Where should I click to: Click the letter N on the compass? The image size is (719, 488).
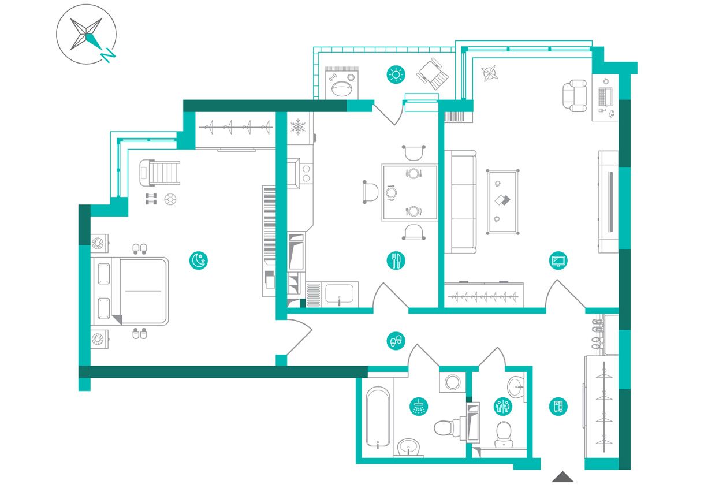pos(108,55)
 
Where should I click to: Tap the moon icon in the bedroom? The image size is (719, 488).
pos(198,260)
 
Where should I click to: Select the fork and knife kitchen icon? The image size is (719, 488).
pos(396,260)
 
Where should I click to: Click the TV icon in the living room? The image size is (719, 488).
pos(558,260)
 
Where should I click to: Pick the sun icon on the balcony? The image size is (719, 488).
pos(396,75)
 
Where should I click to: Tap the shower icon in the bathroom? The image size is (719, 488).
pos(419,407)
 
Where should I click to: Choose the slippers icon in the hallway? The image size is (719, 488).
pos(396,341)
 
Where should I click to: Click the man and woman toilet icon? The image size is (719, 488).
pos(502,407)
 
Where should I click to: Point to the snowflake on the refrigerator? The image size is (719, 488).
pos(298,127)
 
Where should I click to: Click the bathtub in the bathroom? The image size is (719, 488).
pos(378,418)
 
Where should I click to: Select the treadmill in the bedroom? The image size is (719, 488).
pos(159,173)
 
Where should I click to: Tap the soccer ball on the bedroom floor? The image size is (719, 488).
pos(170,199)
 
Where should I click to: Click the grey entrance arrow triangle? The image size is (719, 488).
pos(562,476)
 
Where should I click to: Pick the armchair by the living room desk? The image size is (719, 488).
pos(575,96)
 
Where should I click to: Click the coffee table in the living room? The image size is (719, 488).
pos(502,202)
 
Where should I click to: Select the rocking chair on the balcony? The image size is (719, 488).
pos(433,74)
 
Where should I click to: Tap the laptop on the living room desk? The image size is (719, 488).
pos(605,96)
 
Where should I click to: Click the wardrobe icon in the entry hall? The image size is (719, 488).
pos(558,407)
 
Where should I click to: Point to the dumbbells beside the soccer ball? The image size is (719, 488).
pos(151,199)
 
